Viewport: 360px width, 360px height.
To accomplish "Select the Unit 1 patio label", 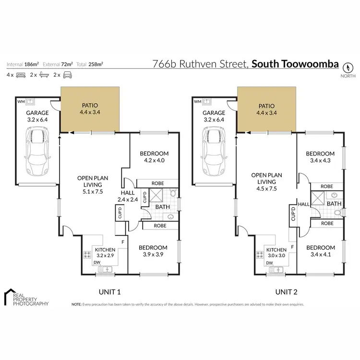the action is pyautogui.click(x=88, y=106).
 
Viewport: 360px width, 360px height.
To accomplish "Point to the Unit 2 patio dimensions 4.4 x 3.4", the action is pyautogui.click(x=266, y=113).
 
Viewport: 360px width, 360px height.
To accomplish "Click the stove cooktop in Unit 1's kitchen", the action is pyautogui.click(x=88, y=256).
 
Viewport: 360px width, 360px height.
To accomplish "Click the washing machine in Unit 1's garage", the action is pyautogui.click(x=30, y=102).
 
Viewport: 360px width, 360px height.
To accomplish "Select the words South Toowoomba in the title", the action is pyautogui.click(x=295, y=64).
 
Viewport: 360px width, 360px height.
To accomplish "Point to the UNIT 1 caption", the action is pyautogui.click(x=109, y=291).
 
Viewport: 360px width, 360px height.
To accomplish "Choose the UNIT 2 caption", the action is pyautogui.click(x=287, y=291).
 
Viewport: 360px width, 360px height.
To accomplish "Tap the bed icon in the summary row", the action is pyautogui.click(x=21, y=75).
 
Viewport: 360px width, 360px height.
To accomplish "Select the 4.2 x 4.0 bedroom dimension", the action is pyautogui.click(x=152, y=161).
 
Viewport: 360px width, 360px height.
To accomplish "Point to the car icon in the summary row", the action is pyautogui.click(x=68, y=75).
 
